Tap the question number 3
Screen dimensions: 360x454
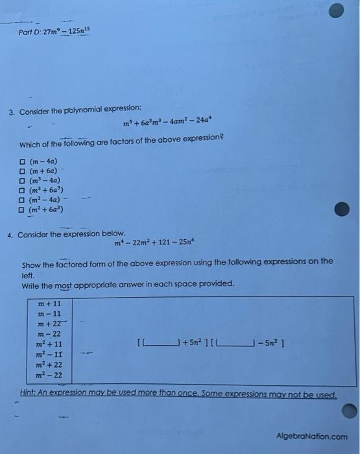pyautogui.click(x=11, y=112)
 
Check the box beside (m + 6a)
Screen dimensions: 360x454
pyautogui.click(x=22, y=171)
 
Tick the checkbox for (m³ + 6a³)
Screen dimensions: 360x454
pyautogui.click(x=22, y=191)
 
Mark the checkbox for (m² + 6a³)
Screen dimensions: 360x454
pyautogui.click(x=22, y=210)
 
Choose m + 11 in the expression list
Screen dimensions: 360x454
pyautogui.click(x=50, y=304)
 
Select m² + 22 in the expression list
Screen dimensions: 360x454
pyautogui.click(x=50, y=365)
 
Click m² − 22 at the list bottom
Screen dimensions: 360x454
pyautogui.click(x=50, y=376)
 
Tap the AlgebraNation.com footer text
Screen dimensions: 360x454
pyautogui.click(x=311, y=436)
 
